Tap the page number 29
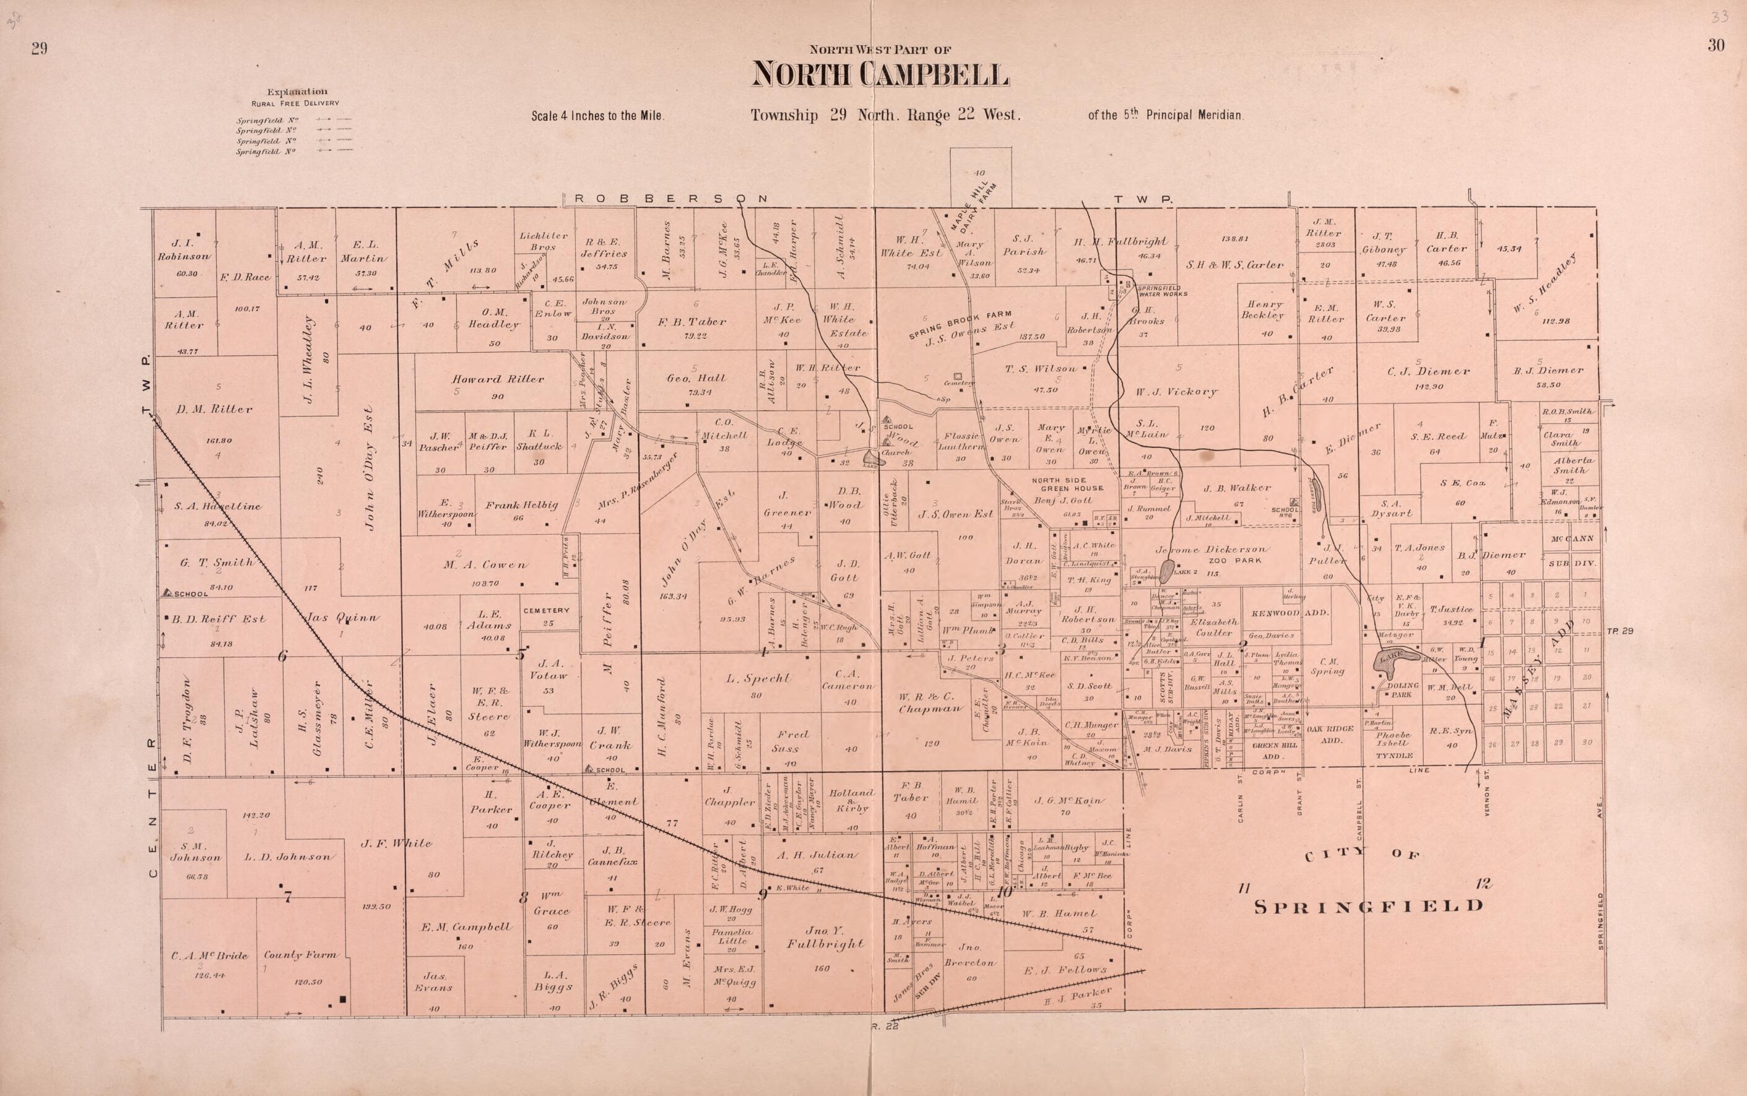tap(39, 48)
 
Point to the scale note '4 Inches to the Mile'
tap(597, 115)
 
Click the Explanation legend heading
tap(297, 92)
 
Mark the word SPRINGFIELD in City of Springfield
tap(1369, 905)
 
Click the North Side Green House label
tap(1067, 483)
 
